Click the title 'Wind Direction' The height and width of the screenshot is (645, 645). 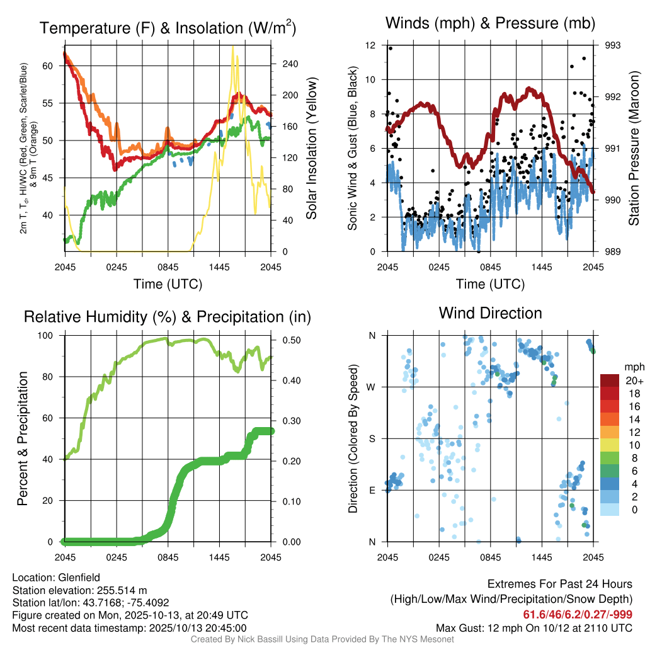point(490,313)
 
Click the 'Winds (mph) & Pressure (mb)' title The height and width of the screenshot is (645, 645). point(490,24)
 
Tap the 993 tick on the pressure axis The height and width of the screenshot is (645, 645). point(613,45)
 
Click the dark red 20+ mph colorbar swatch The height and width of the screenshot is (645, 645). point(609,381)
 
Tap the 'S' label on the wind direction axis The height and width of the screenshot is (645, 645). point(372,438)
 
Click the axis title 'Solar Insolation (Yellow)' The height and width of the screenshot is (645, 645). point(312,148)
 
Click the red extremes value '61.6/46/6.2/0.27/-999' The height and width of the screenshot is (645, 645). point(578,614)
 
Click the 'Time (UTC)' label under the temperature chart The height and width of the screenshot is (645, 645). point(168,284)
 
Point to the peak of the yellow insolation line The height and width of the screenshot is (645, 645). point(233,47)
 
